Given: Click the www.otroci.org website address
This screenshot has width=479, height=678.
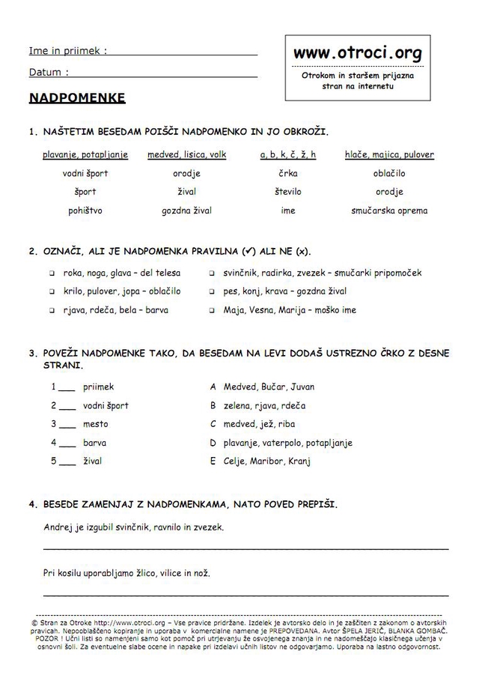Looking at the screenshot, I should point(358,53).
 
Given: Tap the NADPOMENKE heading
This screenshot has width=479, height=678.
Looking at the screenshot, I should point(77,98).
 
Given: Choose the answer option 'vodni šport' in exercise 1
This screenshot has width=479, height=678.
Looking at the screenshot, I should point(85,174).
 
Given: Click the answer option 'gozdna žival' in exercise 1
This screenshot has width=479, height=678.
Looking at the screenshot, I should point(186,211).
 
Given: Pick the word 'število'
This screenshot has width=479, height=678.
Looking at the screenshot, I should point(288,192).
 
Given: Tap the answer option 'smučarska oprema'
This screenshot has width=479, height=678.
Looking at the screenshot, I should point(389,211).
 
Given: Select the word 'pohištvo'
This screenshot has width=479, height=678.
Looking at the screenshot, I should point(85,211).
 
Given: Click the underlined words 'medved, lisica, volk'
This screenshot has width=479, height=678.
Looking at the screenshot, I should point(186,155).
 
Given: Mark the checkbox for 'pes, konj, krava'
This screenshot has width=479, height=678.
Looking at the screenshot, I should point(212,291).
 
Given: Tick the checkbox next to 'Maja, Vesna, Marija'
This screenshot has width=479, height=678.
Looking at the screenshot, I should point(212,310).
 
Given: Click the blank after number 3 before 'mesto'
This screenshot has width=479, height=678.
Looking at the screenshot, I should point(67,425).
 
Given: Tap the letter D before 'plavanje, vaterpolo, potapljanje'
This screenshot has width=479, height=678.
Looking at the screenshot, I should point(213,443).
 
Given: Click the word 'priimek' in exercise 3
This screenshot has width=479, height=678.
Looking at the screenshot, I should point(99,387).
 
